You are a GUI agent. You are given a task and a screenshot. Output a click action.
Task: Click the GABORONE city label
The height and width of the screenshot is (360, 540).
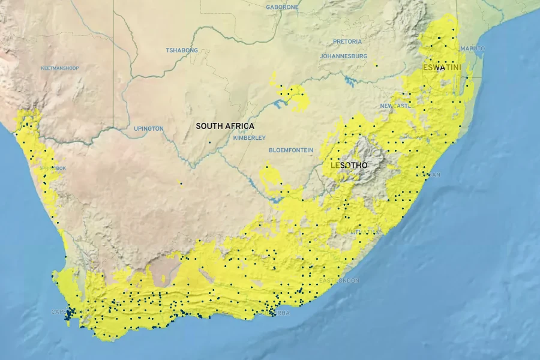[x=282, y=7]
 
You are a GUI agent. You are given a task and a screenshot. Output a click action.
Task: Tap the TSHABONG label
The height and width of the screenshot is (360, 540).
[x=181, y=50]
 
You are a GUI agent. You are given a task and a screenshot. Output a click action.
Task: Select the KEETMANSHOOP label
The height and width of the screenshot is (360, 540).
[x=59, y=68]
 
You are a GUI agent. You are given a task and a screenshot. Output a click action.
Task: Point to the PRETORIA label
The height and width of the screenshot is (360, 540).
[x=348, y=41]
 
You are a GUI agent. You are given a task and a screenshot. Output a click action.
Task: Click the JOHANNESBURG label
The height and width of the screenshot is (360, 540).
[x=344, y=56]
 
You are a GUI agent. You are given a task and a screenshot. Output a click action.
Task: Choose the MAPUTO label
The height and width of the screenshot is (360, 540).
[x=472, y=48]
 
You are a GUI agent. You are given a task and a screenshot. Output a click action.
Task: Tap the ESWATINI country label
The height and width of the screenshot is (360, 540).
[x=442, y=68]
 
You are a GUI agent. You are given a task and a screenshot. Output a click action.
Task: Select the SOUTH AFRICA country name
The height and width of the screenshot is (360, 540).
[x=225, y=126]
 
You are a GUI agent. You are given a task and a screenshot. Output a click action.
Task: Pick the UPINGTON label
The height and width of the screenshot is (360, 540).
[x=149, y=128]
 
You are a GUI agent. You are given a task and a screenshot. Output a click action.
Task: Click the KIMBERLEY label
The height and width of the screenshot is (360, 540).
[x=249, y=138]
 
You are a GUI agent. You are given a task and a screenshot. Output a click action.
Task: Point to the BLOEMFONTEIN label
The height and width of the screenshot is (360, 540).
[x=291, y=150]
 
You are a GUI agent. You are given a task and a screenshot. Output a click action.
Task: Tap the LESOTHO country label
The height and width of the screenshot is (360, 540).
[x=349, y=164]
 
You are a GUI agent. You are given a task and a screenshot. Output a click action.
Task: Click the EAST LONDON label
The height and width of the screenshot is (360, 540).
[x=340, y=281]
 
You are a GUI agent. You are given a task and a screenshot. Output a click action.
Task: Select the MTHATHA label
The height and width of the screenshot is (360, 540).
[x=366, y=231]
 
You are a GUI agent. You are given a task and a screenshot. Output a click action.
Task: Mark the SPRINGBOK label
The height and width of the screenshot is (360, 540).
[x=53, y=169]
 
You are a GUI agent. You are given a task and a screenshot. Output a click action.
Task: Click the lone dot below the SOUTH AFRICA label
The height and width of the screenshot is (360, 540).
[x=209, y=142]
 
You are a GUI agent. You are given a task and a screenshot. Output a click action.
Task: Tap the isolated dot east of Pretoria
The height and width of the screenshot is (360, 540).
[x=376, y=65]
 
